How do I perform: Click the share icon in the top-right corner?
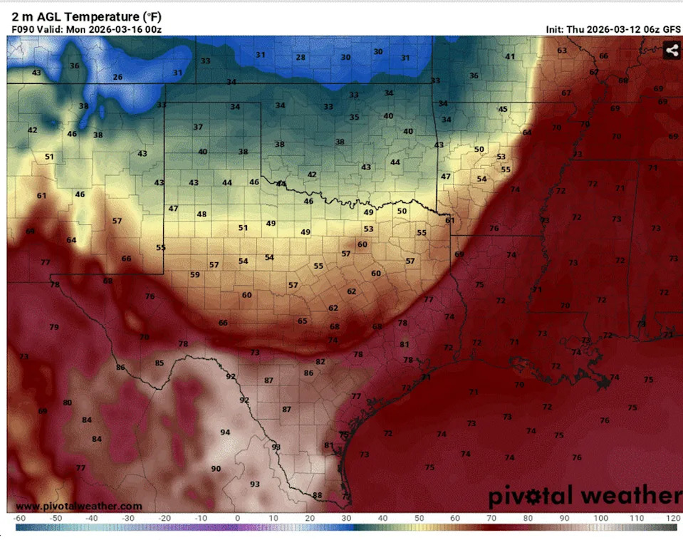click(671, 50)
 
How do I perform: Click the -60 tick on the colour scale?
click(19, 518)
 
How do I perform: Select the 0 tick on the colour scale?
click(237, 518)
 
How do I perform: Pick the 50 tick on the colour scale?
click(419, 518)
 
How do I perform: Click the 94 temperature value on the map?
click(225, 432)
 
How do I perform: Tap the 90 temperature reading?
click(216, 468)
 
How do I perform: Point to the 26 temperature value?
click(118, 77)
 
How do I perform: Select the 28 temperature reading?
click(301, 58)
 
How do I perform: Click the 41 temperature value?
click(510, 57)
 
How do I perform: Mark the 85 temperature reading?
click(160, 363)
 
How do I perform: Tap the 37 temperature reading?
click(198, 127)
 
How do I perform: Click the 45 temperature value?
click(503, 109)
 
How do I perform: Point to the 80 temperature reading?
click(68, 403)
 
